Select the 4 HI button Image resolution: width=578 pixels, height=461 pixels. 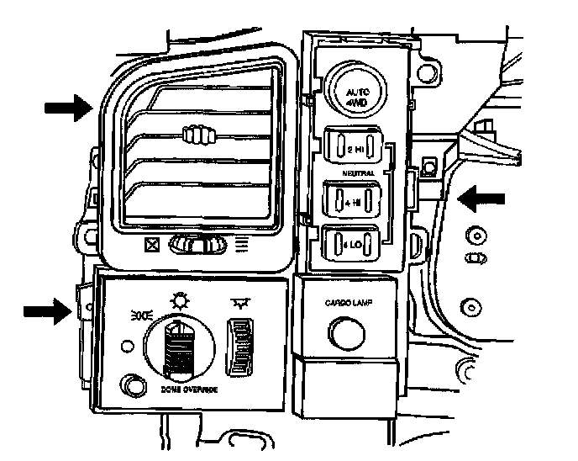pyautogui.click(x=354, y=202)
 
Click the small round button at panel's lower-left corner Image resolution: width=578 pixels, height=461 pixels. pyautogui.click(x=132, y=385)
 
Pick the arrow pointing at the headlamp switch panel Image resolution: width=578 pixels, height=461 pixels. pyautogui.click(x=47, y=311)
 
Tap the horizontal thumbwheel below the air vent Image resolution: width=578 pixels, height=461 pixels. pyautogui.click(x=196, y=245)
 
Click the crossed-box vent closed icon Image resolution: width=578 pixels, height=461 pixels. pyautogui.click(x=152, y=246)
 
